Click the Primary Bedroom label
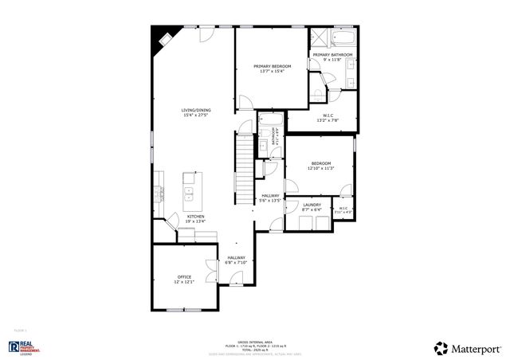[x=273, y=66]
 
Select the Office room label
[x=184, y=276]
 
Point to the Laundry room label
[x=312, y=205]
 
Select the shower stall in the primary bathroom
[x=320, y=38]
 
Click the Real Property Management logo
[x=25, y=347]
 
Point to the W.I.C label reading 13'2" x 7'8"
[x=328, y=118]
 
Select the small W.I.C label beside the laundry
[x=343, y=209]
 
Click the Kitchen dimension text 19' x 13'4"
[x=196, y=221]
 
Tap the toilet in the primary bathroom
[x=320, y=95]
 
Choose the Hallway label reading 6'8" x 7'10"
[x=237, y=260]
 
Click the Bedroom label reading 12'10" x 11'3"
[x=320, y=166]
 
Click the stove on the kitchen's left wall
[x=159, y=192]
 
